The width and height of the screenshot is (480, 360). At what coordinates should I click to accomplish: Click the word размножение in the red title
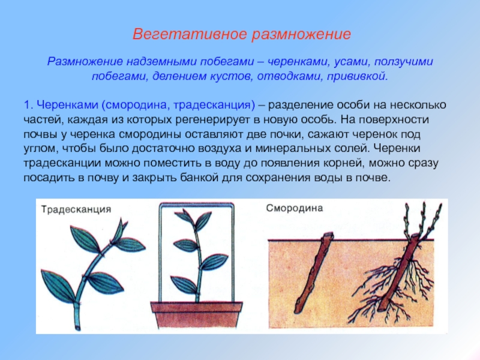point(301,35)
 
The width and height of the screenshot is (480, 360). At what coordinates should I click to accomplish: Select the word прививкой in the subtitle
point(357,76)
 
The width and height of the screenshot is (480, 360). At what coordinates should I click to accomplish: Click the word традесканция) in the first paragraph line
point(214,105)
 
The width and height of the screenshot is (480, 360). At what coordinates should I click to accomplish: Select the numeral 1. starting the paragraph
point(28,105)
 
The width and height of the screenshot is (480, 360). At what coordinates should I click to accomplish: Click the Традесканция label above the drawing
point(76,209)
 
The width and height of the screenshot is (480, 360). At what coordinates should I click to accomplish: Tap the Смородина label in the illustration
point(295,208)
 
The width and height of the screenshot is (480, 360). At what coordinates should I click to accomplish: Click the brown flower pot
point(196,314)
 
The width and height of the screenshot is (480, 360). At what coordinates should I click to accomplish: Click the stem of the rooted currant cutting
point(397,272)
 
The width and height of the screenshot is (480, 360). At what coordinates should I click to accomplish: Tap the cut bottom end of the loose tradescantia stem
point(78,329)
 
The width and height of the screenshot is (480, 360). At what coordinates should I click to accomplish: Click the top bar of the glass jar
point(197,204)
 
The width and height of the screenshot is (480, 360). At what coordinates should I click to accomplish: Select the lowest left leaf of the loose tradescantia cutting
point(58,286)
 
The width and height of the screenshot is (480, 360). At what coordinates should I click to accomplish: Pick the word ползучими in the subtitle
point(403,62)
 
